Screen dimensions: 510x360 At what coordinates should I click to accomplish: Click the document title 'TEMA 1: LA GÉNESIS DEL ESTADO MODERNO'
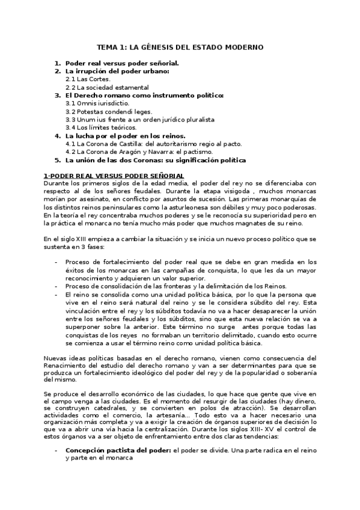click(180, 47)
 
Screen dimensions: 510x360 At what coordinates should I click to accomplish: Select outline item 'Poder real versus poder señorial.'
click(121, 63)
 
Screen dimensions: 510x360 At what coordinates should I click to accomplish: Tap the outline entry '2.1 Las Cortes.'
click(88, 79)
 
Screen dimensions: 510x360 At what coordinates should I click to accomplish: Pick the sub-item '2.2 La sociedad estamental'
click(106, 87)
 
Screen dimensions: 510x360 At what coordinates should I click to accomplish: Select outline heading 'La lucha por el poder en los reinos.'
click(125, 136)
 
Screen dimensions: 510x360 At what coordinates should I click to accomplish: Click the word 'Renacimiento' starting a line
click(64, 367)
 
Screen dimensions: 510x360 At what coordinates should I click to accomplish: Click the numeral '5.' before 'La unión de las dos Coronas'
click(58, 161)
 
